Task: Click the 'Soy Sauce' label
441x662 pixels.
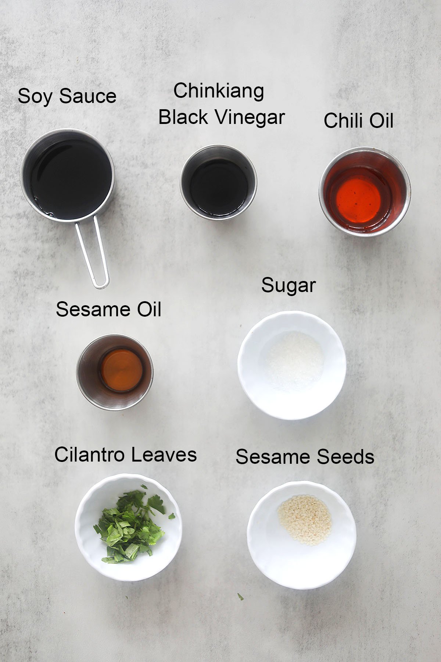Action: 67,96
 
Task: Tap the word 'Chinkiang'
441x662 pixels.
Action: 219,91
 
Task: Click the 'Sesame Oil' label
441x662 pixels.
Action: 108,309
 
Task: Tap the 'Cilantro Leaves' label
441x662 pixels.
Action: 125,455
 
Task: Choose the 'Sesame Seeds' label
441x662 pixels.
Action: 305,457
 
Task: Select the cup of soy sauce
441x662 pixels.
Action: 67,175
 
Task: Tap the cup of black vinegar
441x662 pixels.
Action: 218,182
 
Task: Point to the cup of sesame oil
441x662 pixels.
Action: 115,372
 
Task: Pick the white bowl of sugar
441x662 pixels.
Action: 292,365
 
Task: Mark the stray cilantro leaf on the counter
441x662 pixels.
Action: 240,597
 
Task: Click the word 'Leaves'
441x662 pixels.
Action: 164,455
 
